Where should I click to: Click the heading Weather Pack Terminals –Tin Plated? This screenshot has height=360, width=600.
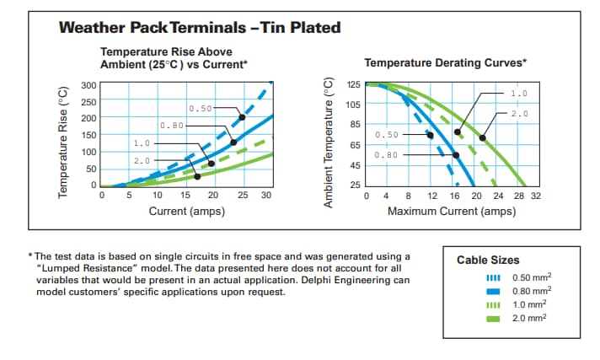coord(200,28)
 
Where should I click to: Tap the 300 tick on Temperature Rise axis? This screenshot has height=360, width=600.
coord(88,85)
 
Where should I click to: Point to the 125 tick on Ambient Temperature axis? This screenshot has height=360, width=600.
coord(353,85)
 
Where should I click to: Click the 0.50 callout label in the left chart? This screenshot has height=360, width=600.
coord(201,109)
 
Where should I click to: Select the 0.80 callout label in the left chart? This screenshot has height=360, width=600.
coord(172,126)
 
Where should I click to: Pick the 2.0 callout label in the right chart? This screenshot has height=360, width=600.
coord(519,113)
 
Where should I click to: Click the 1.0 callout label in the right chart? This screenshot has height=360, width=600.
coord(519,93)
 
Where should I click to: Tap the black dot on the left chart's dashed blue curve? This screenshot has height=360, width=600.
coord(242,117)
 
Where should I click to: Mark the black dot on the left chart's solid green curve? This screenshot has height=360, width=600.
coord(197,176)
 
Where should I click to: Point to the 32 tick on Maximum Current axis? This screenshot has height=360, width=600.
coord(536,196)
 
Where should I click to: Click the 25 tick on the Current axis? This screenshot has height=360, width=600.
coord(243,196)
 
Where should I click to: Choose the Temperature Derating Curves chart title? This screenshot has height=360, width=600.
coord(446,63)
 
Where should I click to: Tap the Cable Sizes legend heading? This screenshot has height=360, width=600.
coord(488,261)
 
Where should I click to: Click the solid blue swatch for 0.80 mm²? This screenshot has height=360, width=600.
coord(495,291)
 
